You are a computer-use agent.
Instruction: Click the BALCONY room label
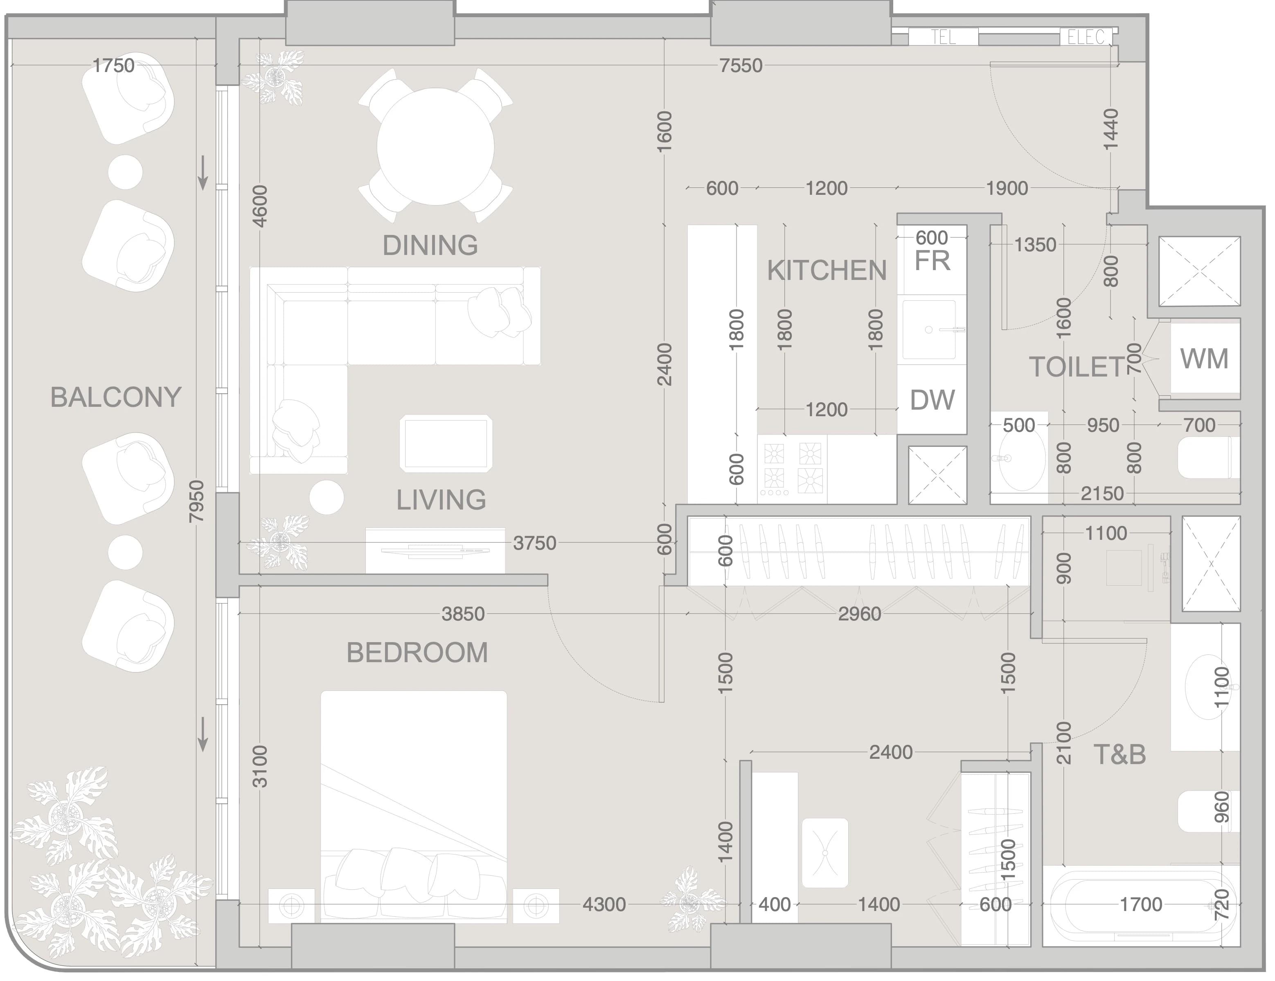(x=115, y=397)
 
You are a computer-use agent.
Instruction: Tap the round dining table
(x=435, y=146)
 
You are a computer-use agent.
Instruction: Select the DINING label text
(x=430, y=245)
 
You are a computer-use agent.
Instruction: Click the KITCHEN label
(x=827, y=271)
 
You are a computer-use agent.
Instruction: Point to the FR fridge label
(x=933, y=261)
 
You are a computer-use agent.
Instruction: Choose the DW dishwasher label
(x=933, y=400)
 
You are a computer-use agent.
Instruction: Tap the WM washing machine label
(x=1204, y=359)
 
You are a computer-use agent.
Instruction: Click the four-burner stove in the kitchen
(x=792, y=469)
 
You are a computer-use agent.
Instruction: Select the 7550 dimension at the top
(x=741, y=66)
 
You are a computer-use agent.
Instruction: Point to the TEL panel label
(x=944, y=37)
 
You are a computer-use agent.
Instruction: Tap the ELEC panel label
(x=1086, y=37)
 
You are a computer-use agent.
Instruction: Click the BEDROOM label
(x=417, y=653)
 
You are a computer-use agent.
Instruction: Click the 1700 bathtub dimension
(x=1141, y=904)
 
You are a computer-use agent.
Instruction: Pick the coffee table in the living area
(x=446, y=443)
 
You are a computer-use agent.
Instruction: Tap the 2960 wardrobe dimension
(x=859, y=614)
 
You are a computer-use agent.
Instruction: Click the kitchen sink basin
(x=929, y=330)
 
